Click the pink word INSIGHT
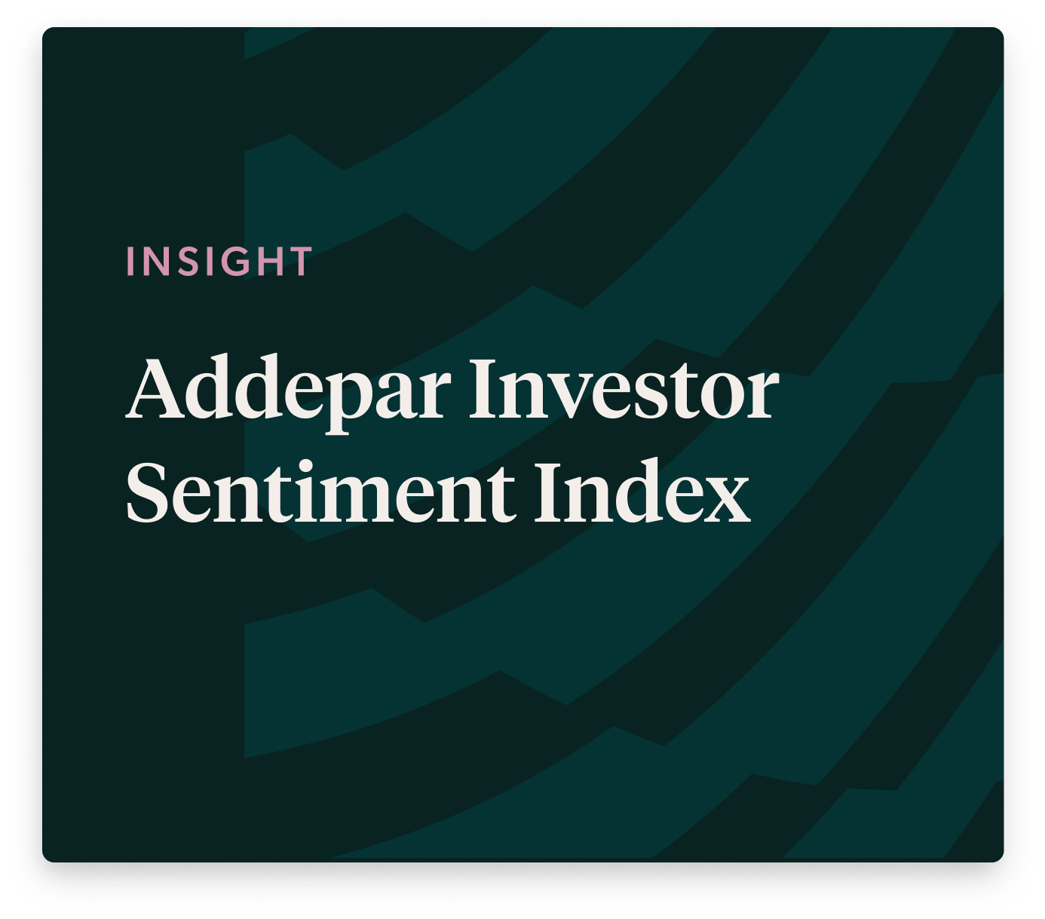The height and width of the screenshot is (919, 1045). [219, 261]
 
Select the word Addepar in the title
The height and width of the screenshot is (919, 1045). [289, 394]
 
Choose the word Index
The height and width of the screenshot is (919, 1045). [642, 490]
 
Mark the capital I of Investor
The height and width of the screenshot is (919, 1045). [484, 389]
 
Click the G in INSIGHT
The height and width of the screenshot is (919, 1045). [234, 261]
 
